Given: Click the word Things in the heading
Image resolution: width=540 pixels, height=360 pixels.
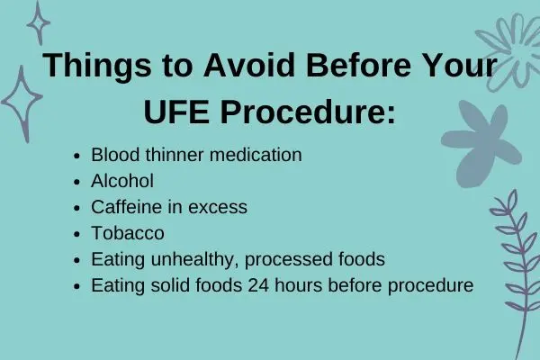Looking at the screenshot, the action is [x=97, y=66].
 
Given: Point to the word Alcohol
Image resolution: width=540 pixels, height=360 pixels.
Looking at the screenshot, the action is [x=122, y=181].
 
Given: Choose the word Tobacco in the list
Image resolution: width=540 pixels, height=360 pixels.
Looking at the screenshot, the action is [x=128, y=233].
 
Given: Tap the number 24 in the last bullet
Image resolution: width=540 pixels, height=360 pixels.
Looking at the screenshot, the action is [x=258, y=285].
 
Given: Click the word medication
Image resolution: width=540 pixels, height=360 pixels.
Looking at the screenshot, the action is [x=256, y=155].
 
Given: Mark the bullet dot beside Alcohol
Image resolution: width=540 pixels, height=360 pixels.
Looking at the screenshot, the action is [x=76, y=182].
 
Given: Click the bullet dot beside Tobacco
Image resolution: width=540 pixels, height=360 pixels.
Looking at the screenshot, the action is [x=76, y=234].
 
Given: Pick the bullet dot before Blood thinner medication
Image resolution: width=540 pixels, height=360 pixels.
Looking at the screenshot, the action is [x=76, y=156].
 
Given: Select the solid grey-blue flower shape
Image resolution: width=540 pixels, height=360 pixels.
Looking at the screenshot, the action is [x=481, y=144].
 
